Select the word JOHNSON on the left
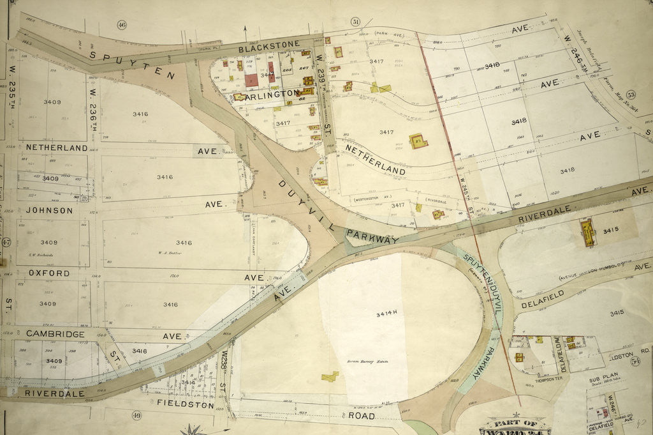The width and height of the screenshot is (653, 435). [49, 210]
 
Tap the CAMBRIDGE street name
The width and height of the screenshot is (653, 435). [55, 334]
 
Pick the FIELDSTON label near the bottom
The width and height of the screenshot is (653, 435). [185, 404]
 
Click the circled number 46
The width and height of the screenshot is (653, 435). [122, 25]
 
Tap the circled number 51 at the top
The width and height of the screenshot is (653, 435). [355, 22]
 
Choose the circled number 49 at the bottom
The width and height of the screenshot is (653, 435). [136, 416]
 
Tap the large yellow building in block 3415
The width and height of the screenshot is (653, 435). [587, 233]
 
